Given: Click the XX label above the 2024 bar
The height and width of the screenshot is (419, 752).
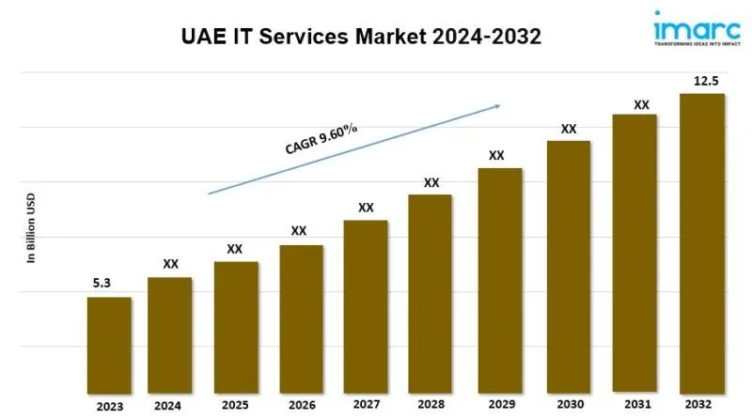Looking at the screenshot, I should click(x=170, y=265).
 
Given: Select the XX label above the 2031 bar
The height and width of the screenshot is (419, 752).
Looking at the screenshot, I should click(x=641, y=105).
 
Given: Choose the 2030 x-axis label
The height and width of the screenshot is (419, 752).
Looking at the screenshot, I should click(x=569, y=406).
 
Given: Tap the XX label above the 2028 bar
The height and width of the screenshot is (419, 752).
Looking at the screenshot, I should click(x=431, y=182).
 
